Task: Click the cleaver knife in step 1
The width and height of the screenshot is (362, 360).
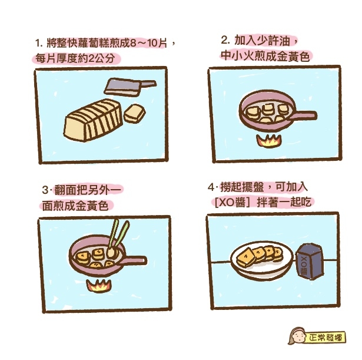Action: pos(129,87)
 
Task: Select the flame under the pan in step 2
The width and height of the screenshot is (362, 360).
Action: pos(269,140)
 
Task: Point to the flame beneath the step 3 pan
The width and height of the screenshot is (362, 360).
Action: pos(99,286)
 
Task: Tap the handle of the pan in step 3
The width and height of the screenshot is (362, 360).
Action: pos(134,260)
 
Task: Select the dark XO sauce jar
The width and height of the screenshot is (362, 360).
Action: pos(310,261)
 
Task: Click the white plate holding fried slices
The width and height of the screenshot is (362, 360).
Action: pos(262,260)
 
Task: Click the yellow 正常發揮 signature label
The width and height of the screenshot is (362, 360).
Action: pos(326,338)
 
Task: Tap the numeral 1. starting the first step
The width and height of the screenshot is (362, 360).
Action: pos(39,43)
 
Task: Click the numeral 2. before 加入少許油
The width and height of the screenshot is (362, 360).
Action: pos(225,40)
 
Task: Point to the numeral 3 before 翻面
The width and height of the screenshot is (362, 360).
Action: pos(45,190)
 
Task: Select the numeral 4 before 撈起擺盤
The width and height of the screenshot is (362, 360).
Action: pos(211,187)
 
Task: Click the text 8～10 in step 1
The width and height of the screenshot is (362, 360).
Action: pos(147,43)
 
